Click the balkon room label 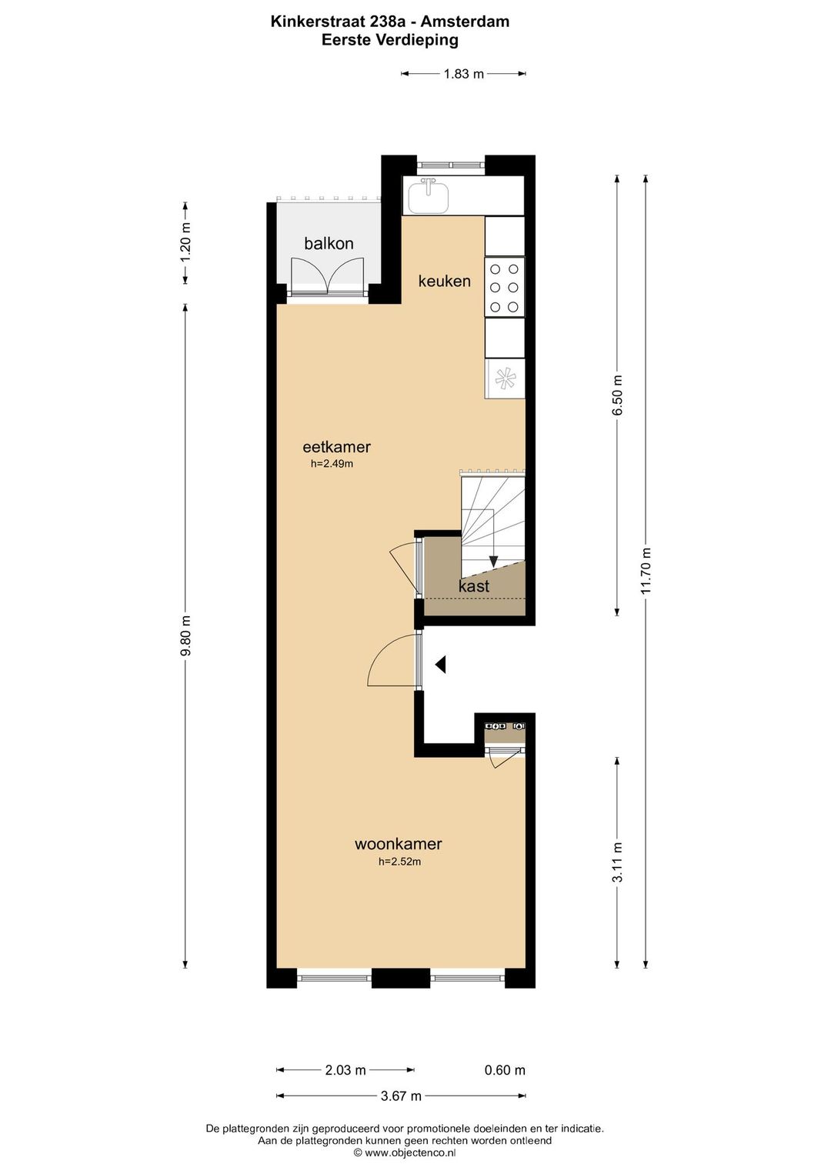coord(329,243)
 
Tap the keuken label coord(444,281)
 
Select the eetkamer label coord(336,446)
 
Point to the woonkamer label coord(399,844)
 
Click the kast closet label coord(474,586)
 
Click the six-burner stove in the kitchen coord(504,287)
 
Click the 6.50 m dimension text coord(617,395)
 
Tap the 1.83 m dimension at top coord(463,74)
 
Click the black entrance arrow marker coord(440,665)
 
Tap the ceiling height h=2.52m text coord(399,861)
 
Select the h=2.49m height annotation coord(332,463)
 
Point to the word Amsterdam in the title coord(465,22)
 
